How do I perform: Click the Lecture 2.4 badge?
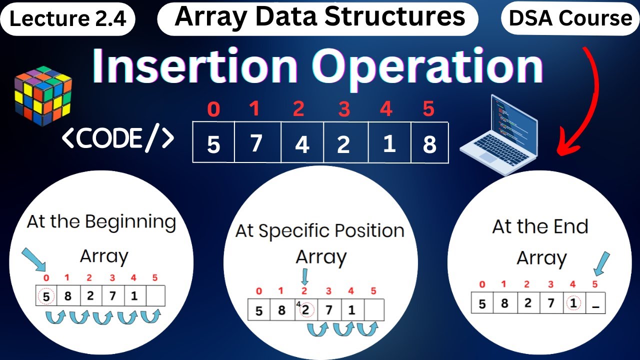[x=71, y=19]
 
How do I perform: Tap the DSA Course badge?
[x=570, y=18]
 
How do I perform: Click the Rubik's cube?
[x=43, y=95]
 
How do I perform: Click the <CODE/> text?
[x=118, y=138]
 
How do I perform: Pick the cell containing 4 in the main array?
[x=302, y=144]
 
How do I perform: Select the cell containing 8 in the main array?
[x=429, y=144]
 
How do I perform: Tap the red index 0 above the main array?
[x=213, y=109]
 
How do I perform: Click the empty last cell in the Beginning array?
[x=155, y=295]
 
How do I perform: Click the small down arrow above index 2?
[x=304, y=275]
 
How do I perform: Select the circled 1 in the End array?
[x=573, y=303]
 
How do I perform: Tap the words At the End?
[x=540, y=227]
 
